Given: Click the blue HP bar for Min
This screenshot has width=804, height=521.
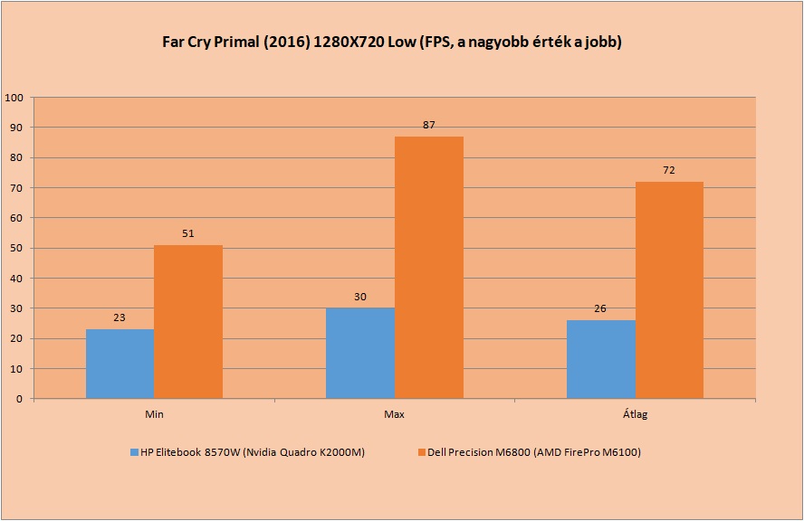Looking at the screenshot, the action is pos(120,364).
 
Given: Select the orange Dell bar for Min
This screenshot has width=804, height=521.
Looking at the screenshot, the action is pos(188,322).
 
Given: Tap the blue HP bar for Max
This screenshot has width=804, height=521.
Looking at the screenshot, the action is pos(360,353).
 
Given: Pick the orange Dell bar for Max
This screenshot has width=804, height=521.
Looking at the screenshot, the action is pos(429,268).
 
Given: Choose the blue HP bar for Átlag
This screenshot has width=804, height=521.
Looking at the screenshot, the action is pos(601,359).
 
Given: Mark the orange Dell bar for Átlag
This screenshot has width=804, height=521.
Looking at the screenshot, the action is pos(669,290).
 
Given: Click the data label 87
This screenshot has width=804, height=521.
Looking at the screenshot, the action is pos(428,125).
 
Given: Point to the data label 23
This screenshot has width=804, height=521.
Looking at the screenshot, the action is pos(120,317).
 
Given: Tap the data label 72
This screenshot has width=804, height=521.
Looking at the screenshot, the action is pos(669,170).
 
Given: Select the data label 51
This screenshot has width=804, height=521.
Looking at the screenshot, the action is pos(188,233).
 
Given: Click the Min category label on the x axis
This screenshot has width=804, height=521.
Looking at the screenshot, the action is pos(154,414).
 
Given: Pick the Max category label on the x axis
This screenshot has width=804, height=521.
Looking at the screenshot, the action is pos(395,414).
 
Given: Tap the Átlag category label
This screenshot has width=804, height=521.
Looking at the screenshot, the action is pos(636,414).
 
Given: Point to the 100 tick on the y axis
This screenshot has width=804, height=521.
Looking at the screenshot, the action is pos(14,98).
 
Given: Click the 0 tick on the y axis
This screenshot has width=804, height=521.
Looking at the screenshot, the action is pos(20,399).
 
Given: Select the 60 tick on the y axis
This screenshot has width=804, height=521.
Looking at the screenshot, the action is pos(17,218).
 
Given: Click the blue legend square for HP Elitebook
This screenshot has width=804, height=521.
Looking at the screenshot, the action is pos(134,452).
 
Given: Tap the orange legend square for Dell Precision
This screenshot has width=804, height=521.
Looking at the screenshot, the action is pos(422,452).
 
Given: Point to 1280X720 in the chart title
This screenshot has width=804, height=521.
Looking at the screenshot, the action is pos(349,42).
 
